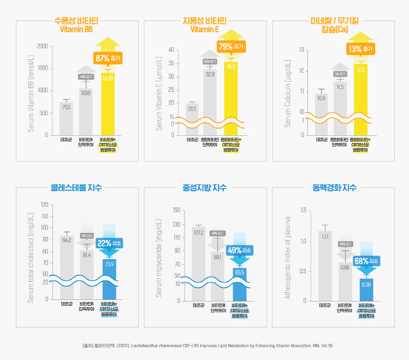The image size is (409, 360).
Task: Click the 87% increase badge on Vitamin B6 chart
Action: pos(107,58)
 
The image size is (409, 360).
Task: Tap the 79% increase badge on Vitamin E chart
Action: pos(231,47)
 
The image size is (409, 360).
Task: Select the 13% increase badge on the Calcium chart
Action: pos(360,49)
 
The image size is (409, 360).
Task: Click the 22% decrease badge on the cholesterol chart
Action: pos(109,243)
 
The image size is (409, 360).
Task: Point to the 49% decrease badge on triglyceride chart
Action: pos(239,250)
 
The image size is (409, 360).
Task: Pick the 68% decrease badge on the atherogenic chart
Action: pos(366,261)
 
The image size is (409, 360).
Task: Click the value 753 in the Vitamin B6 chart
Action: pos(66,107)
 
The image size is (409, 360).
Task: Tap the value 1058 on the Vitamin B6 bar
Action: pos(86,93)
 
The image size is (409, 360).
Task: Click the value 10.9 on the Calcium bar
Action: pos(321,98)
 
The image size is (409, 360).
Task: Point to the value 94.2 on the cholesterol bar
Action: pos(66,240)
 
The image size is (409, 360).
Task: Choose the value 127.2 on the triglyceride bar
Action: pos(198,232)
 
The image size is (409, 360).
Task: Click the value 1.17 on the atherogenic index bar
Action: pos(325,237)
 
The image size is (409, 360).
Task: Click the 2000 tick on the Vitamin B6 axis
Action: pos(42,46)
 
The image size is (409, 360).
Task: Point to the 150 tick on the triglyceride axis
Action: pos(174,210)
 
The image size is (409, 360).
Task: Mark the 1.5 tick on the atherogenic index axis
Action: pos(303,210)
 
